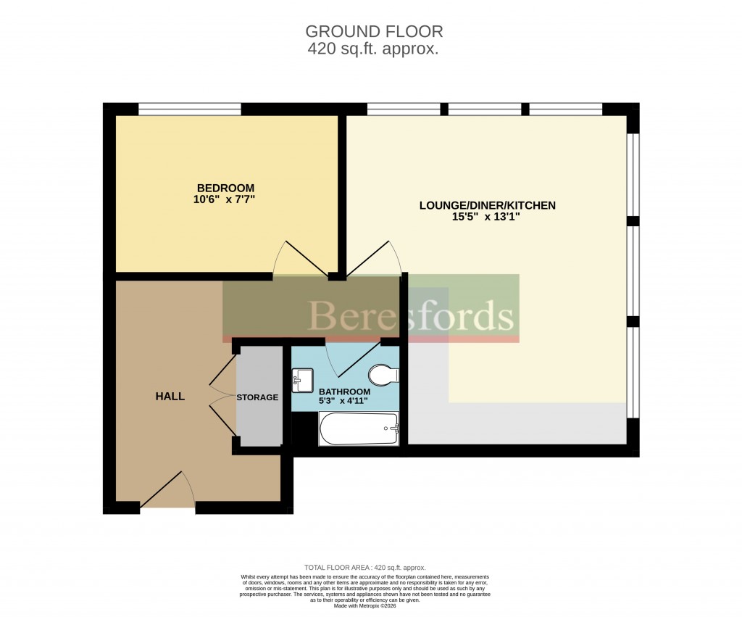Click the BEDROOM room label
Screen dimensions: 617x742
click(x=226, y=188)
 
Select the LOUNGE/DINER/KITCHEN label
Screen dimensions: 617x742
click(x=487, y=205)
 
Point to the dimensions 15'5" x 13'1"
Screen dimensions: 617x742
click(x=487, y=217)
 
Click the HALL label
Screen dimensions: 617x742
click(x=170, y=396)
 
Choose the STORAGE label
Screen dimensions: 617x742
click(x=257, y=397)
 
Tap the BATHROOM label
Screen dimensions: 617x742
click(x=344, y=392)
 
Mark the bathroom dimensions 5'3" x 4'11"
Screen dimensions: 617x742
click(x=344, y=401)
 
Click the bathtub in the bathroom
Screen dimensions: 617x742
click(x=359, y=428)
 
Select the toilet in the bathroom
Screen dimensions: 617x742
click(x=383, y=376)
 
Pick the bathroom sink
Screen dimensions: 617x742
click(x=303, y=379)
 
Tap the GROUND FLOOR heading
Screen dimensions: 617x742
click(x=373, y=31)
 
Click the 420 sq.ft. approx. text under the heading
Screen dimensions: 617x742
click(x=373, y=49)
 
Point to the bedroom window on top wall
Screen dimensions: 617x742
click(x=190, y=109)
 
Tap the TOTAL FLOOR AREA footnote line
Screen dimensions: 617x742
click(x=364, y=568)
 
